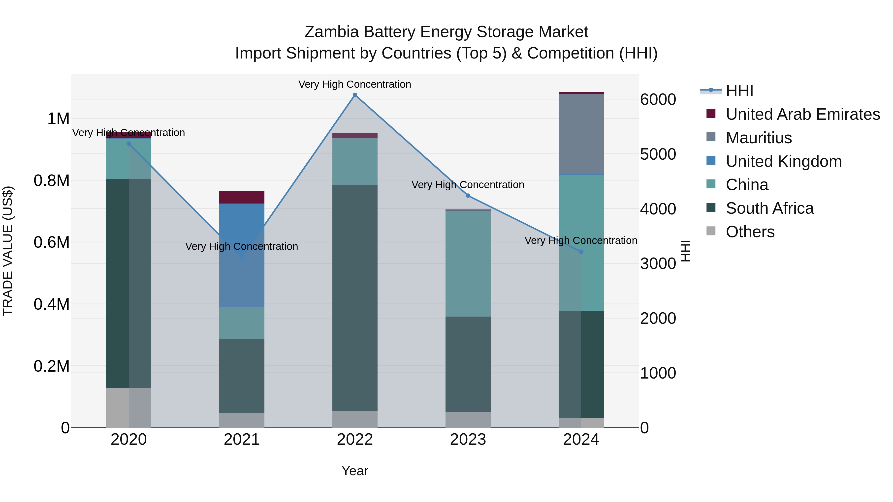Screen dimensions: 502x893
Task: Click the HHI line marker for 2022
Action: point(355,95)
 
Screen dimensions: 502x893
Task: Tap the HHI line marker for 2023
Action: point(468,196)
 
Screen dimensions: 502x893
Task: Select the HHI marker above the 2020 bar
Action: point(128,144)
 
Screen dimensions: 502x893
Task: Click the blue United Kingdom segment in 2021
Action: point(242,229)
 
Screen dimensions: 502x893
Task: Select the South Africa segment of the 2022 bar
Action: point(355,298)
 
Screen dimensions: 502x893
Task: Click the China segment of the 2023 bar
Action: point(468,263)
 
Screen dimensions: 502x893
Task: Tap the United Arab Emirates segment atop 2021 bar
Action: point(242,197)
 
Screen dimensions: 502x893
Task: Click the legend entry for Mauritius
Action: point(759,138)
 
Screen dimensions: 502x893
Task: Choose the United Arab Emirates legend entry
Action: point(802,114)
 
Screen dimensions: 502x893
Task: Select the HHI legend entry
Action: point(739,91)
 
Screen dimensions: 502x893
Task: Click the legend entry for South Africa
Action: point(769,208)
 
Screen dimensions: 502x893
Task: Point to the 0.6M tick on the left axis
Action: point(51,242)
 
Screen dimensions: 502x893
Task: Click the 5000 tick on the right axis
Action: point(658,154)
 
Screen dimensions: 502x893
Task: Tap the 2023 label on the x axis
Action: point(468,440)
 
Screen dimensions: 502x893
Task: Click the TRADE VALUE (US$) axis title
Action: point(8,251)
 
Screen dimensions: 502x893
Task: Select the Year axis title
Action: point(355,471)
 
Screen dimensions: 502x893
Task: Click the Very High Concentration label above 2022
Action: point(355,84)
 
